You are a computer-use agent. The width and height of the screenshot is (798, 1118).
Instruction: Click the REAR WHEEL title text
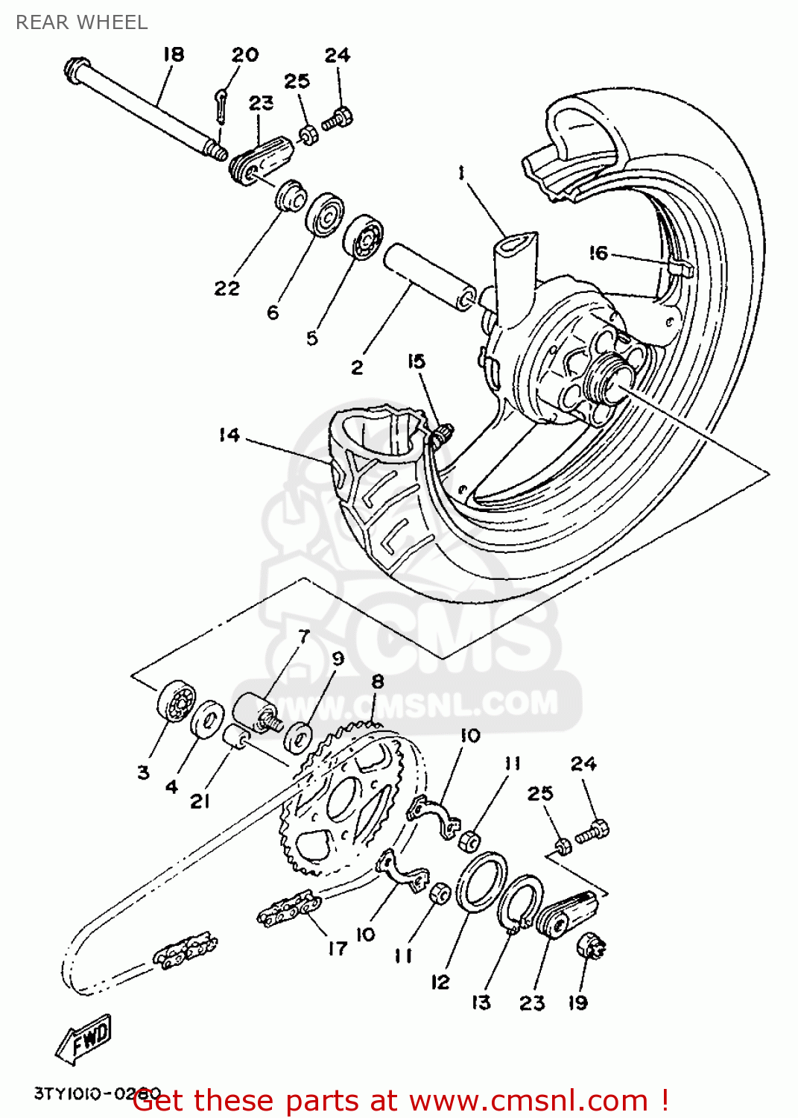(x=81, y=22)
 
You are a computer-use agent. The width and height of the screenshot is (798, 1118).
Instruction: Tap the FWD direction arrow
(x=84, y=1038)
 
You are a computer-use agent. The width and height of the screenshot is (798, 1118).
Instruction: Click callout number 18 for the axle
(x=173, y=54)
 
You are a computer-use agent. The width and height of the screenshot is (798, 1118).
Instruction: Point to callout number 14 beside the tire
(x=229, y=435)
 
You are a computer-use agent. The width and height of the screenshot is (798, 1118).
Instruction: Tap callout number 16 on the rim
(x=598, y=253)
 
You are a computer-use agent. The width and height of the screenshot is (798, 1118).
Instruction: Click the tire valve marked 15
(x=443, y=434)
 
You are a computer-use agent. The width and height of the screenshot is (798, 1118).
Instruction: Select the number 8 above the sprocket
(x=378, y=681)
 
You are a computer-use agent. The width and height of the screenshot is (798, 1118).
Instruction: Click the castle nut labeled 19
(x=591, y=947)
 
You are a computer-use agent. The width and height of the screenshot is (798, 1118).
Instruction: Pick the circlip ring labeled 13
(x=519, y=902)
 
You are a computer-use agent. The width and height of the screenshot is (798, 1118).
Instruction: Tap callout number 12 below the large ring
(x=440, y=982)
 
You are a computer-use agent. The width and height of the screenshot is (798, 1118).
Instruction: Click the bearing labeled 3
(x=176, y=701)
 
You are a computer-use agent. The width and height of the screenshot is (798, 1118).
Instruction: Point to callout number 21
(x=200, y=801)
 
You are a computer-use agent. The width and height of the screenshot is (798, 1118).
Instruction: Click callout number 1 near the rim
(x=461, y=173)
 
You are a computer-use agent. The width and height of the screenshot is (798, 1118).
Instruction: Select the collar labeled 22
(x=291, y=198)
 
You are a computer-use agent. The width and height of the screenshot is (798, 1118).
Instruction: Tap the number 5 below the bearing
(x=311, y=338)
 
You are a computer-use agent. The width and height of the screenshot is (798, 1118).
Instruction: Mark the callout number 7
(x=303, y=637)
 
